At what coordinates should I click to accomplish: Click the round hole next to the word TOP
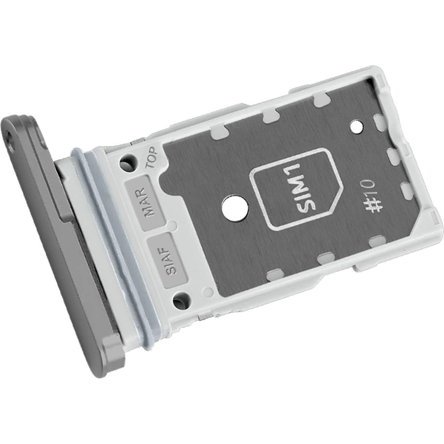pos(128,161)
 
